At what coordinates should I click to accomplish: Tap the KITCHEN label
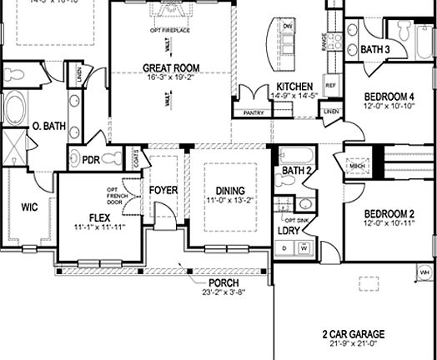coord(294,87)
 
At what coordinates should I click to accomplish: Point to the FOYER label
coord(163,190)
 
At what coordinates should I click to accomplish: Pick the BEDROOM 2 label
coord(388,212)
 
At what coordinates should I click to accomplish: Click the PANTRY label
coord(254,112)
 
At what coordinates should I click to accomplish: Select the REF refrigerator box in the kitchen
coord(330,86)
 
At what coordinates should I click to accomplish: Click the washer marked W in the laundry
coord(304,247)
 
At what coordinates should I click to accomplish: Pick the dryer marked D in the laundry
coord(285,247)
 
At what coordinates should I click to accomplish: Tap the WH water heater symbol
coord(423,272)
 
